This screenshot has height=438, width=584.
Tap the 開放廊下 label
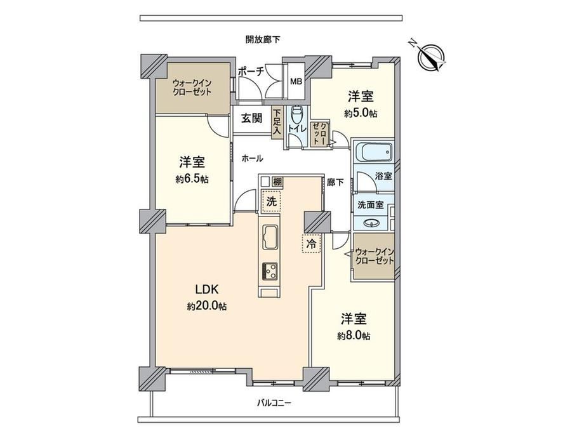pyautogui.click(x=263, y=39)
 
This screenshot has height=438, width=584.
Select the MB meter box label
pyautogui.click(x=296, y=82)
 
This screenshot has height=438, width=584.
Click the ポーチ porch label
pyautogui.click(x=251, y=71)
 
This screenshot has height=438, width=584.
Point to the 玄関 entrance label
pyautogui.click(x=251, y=119)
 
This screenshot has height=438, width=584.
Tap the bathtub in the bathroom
pyautogui.click(x=374, y=152)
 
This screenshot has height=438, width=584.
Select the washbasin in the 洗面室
pyautogui.click(x=371, y=223)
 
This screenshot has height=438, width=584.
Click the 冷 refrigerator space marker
pyautogui.click(x=311, y=244)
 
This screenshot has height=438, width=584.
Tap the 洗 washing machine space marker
pyautogui.click(x=272, y=201)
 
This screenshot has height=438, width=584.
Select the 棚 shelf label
pyautogui.click(x=277, y=182)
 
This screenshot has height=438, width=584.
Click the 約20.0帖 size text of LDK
pyautogui.click(x=207, y=306)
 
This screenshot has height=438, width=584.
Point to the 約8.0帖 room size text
pyautogui.click(x=354, y=336)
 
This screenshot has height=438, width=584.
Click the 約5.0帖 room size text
pyautogui.click(x=361, y=113)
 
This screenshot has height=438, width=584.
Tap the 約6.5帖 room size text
pyautogui.click(x=192, y=179)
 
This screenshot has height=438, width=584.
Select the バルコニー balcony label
pyautogui.click(x=274, y=402)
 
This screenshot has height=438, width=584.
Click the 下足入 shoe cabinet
pyautogui.click(x=277, y=123)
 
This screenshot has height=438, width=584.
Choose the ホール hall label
pyautogui.click(x=252, y=158)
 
